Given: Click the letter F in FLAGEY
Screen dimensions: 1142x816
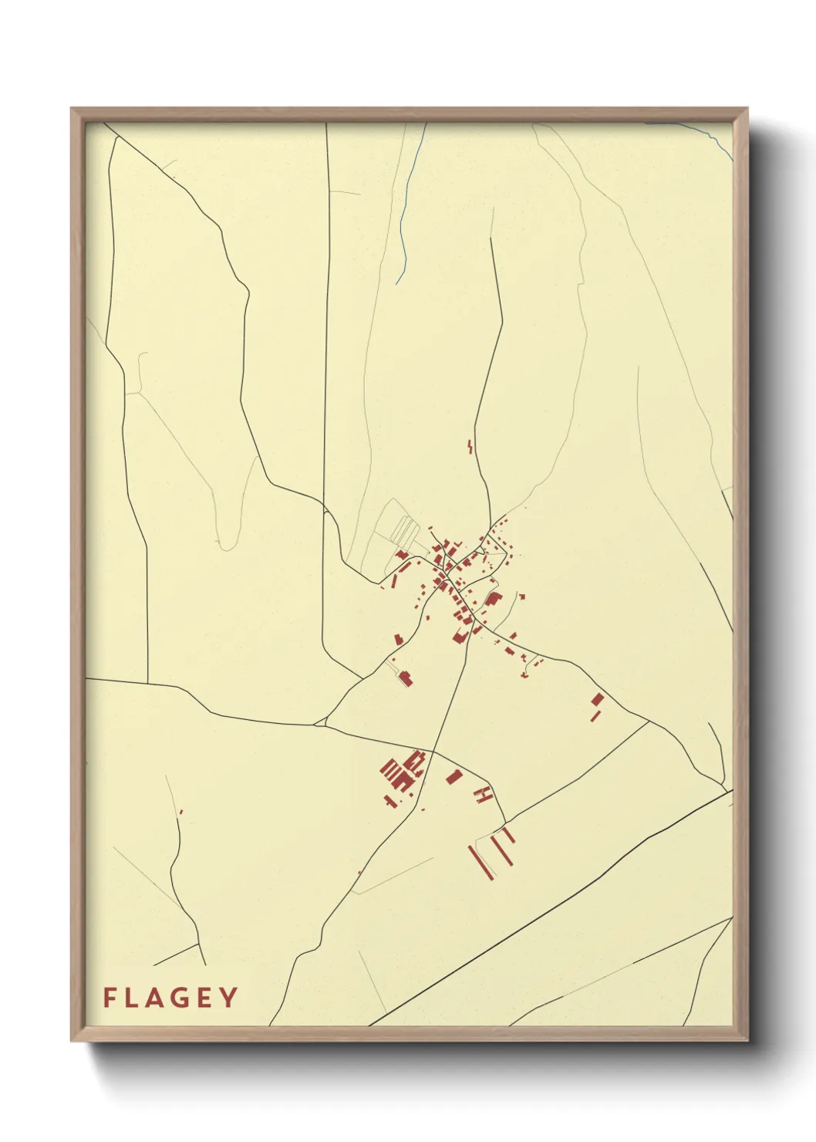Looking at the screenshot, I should [110, 998].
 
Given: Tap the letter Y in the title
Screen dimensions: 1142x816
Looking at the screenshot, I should [228, 998].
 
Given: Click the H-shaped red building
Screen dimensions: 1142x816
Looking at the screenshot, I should [484, 793].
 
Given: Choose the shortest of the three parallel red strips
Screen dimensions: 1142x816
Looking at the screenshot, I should [508, 834].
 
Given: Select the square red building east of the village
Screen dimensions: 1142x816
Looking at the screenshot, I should [597, 699].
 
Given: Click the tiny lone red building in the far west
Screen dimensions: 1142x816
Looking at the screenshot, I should [180, 812].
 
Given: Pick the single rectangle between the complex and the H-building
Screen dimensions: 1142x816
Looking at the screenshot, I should [454, 775].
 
